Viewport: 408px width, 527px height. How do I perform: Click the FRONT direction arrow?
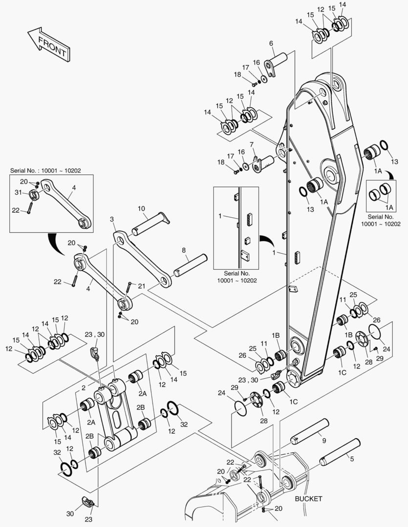point(48,44)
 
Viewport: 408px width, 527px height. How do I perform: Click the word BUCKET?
point(308,499)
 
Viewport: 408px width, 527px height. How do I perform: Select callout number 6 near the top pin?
point(271,43)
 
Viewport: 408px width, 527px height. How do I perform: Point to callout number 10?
point(141,209)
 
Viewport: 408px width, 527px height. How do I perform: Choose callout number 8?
point(184,250)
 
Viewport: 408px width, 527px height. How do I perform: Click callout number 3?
point(112,220)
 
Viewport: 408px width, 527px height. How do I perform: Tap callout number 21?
point(142,285)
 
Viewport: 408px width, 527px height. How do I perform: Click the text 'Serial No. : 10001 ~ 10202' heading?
point(45,171)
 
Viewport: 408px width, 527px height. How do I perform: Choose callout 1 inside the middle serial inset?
point(220,215)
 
